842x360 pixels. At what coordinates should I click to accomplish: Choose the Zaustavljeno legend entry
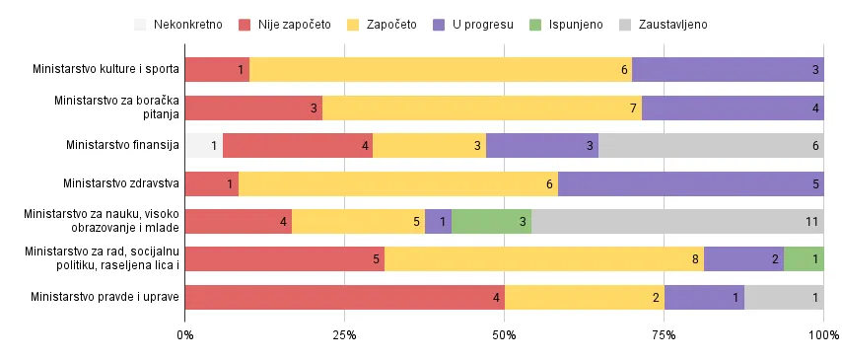[x=662, y=24]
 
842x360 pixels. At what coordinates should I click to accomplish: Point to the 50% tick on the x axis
[x=504, y=336]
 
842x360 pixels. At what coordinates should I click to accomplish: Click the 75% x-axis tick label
[x=664, y=336]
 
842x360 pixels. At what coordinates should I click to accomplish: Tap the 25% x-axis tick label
[x=344, y=336]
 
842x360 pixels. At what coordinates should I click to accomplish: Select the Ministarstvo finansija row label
[x=121, y=146]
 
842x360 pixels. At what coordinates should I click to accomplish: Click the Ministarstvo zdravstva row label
[x=120, y=183]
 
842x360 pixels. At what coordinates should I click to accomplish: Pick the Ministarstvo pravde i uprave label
[x=105, y=297]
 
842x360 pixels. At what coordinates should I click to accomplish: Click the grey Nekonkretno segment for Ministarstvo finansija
[x=203, y=146]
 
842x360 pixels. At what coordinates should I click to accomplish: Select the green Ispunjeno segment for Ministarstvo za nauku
[x=491, y=221]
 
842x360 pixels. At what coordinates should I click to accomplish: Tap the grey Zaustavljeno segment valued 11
[x=677, y=221]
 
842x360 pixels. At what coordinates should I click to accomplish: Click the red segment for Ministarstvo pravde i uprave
[x=344, y=297]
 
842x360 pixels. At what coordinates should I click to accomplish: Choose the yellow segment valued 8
[x=544, y=259]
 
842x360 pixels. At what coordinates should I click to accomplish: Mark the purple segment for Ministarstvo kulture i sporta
[x=728, y=70]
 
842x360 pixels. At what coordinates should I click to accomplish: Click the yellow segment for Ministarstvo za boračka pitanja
[x=482, y=108]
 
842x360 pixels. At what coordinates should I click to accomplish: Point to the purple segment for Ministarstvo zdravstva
[x=690, y=183]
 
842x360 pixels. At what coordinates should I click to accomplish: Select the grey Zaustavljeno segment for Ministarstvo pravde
[x=784, y=297]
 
